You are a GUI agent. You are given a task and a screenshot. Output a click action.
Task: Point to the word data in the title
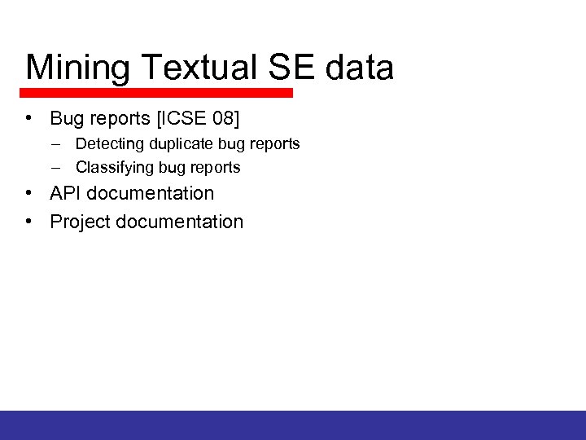[x=360, y=68]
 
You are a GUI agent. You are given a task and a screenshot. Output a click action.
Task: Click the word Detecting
[x=110, y=144]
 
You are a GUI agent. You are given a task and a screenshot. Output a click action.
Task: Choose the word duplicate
[x=181, y=144]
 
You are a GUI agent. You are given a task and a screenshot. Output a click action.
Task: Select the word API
[x=66, y=194]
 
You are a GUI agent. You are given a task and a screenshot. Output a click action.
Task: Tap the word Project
[x=80, y=222]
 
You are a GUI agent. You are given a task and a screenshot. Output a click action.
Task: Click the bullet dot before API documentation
[x=28, y=193]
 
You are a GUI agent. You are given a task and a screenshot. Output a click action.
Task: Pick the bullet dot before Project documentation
[x=28, y=221]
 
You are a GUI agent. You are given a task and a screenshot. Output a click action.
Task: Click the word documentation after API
[x=151, y=194]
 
